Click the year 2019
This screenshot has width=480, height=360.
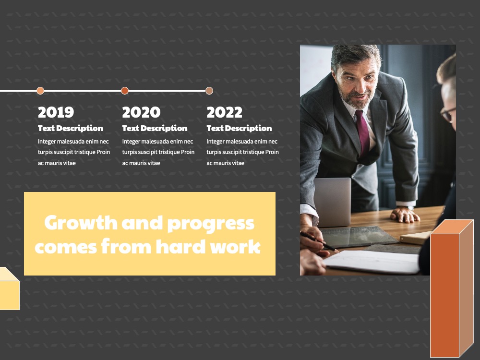point(56,112)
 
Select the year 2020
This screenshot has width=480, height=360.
point(141,112)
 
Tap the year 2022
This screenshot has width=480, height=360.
point(224,112)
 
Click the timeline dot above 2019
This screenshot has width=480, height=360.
point(40,91)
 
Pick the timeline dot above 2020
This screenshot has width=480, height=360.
point(125,91)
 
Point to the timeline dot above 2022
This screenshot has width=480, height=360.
point(209,91)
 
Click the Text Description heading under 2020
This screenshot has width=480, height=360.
point(155,128)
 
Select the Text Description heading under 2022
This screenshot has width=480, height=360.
point(239,128)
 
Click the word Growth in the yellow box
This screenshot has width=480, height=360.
point(81,223)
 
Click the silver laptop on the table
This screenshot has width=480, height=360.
point(333,202)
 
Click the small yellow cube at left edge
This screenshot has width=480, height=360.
point(9,288)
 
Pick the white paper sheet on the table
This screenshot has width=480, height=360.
point(372,262)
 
